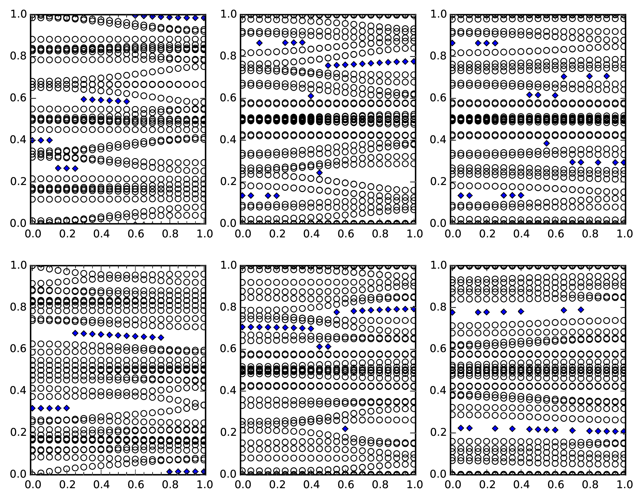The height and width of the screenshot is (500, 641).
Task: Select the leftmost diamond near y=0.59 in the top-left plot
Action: point(84,99)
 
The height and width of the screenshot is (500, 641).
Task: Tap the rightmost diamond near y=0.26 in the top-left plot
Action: point(75,168)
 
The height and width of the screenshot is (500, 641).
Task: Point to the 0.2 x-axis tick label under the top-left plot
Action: point(66,234)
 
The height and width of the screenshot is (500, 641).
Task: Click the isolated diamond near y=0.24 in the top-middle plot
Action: point(319,173)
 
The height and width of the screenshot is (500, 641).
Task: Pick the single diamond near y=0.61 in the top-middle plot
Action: point(311,96)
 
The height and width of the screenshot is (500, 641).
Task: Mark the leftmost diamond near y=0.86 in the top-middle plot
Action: point(259,43)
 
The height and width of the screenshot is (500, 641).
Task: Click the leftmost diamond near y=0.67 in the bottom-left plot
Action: point(75,333)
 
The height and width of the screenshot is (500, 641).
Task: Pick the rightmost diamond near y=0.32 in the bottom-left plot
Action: point(67,408)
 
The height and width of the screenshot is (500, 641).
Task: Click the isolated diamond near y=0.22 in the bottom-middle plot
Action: point(345,429)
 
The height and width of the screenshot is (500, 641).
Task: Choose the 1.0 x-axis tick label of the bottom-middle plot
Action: point(415,485)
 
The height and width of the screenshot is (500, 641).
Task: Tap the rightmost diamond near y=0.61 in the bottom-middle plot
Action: point(328,346)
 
